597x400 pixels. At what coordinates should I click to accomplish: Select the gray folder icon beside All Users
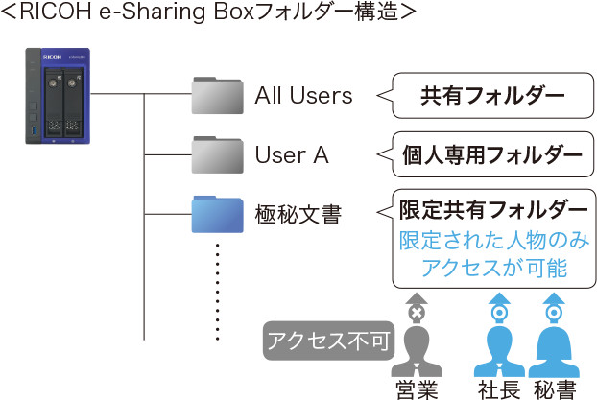point(216,95)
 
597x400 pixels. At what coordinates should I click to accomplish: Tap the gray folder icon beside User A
point(216,153)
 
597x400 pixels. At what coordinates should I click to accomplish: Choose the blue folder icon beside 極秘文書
point(216,213)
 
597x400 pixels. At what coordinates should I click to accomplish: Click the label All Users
point(303,96)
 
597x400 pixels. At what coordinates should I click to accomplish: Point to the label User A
point(292,154)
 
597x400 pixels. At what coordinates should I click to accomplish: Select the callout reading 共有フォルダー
point(491,96)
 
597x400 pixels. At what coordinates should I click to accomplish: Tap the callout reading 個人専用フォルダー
point(491,154)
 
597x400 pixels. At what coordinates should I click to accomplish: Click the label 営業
point(417,388)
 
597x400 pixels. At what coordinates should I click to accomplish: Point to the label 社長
point(498,388)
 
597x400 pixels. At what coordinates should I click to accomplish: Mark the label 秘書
point(554,388)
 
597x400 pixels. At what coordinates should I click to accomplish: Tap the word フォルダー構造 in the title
point(322,14)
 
